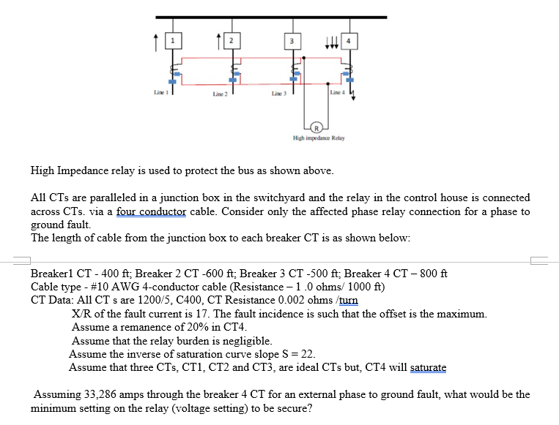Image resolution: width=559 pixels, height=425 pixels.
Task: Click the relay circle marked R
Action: (316, 124)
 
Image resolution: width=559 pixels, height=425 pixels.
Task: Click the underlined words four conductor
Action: (151, 211)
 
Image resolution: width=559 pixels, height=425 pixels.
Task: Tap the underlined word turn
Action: (348, 300)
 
